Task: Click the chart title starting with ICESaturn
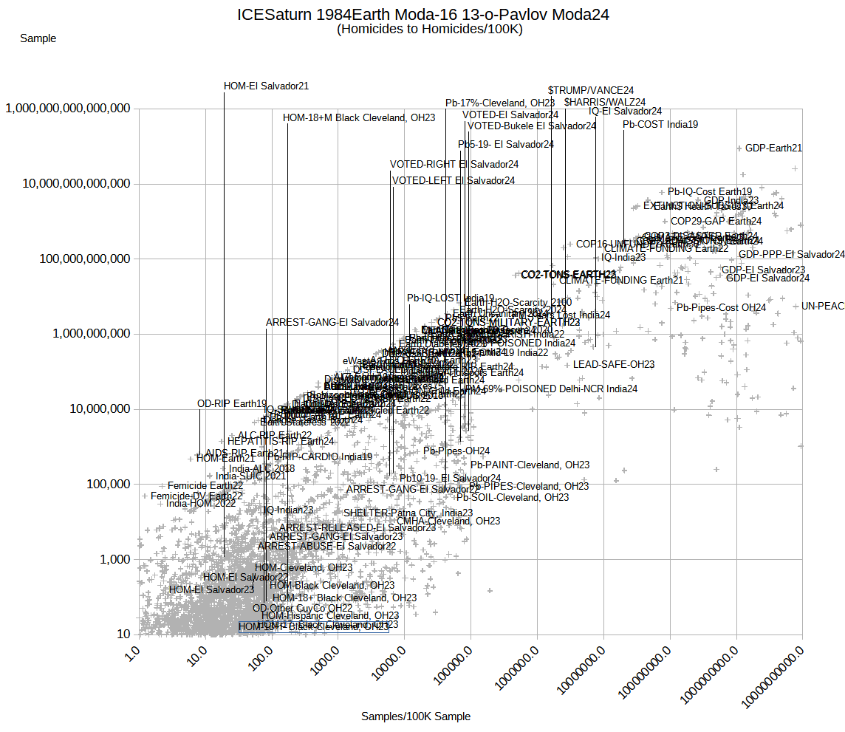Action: tap(422, 15)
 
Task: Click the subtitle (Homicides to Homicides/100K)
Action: tap(429, 30)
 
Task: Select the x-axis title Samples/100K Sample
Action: tap(415, 716)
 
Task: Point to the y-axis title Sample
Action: tap(38, 38)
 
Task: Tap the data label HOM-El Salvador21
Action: tap(266, 86)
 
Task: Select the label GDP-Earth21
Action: tap(773, 148)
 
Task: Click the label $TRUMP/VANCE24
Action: tap(591, 91)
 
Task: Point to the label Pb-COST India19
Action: tap(660, 125)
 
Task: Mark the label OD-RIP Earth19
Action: tap(232, 404)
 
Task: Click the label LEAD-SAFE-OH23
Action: tap(614, 365)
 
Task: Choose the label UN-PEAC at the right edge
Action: tap(822, 306)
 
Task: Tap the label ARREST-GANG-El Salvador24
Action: tap(332, 323)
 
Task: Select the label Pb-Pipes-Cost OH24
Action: tap(722, 308)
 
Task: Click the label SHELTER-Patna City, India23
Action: tap(408, 513)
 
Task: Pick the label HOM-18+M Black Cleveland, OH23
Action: tap(359, 117)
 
